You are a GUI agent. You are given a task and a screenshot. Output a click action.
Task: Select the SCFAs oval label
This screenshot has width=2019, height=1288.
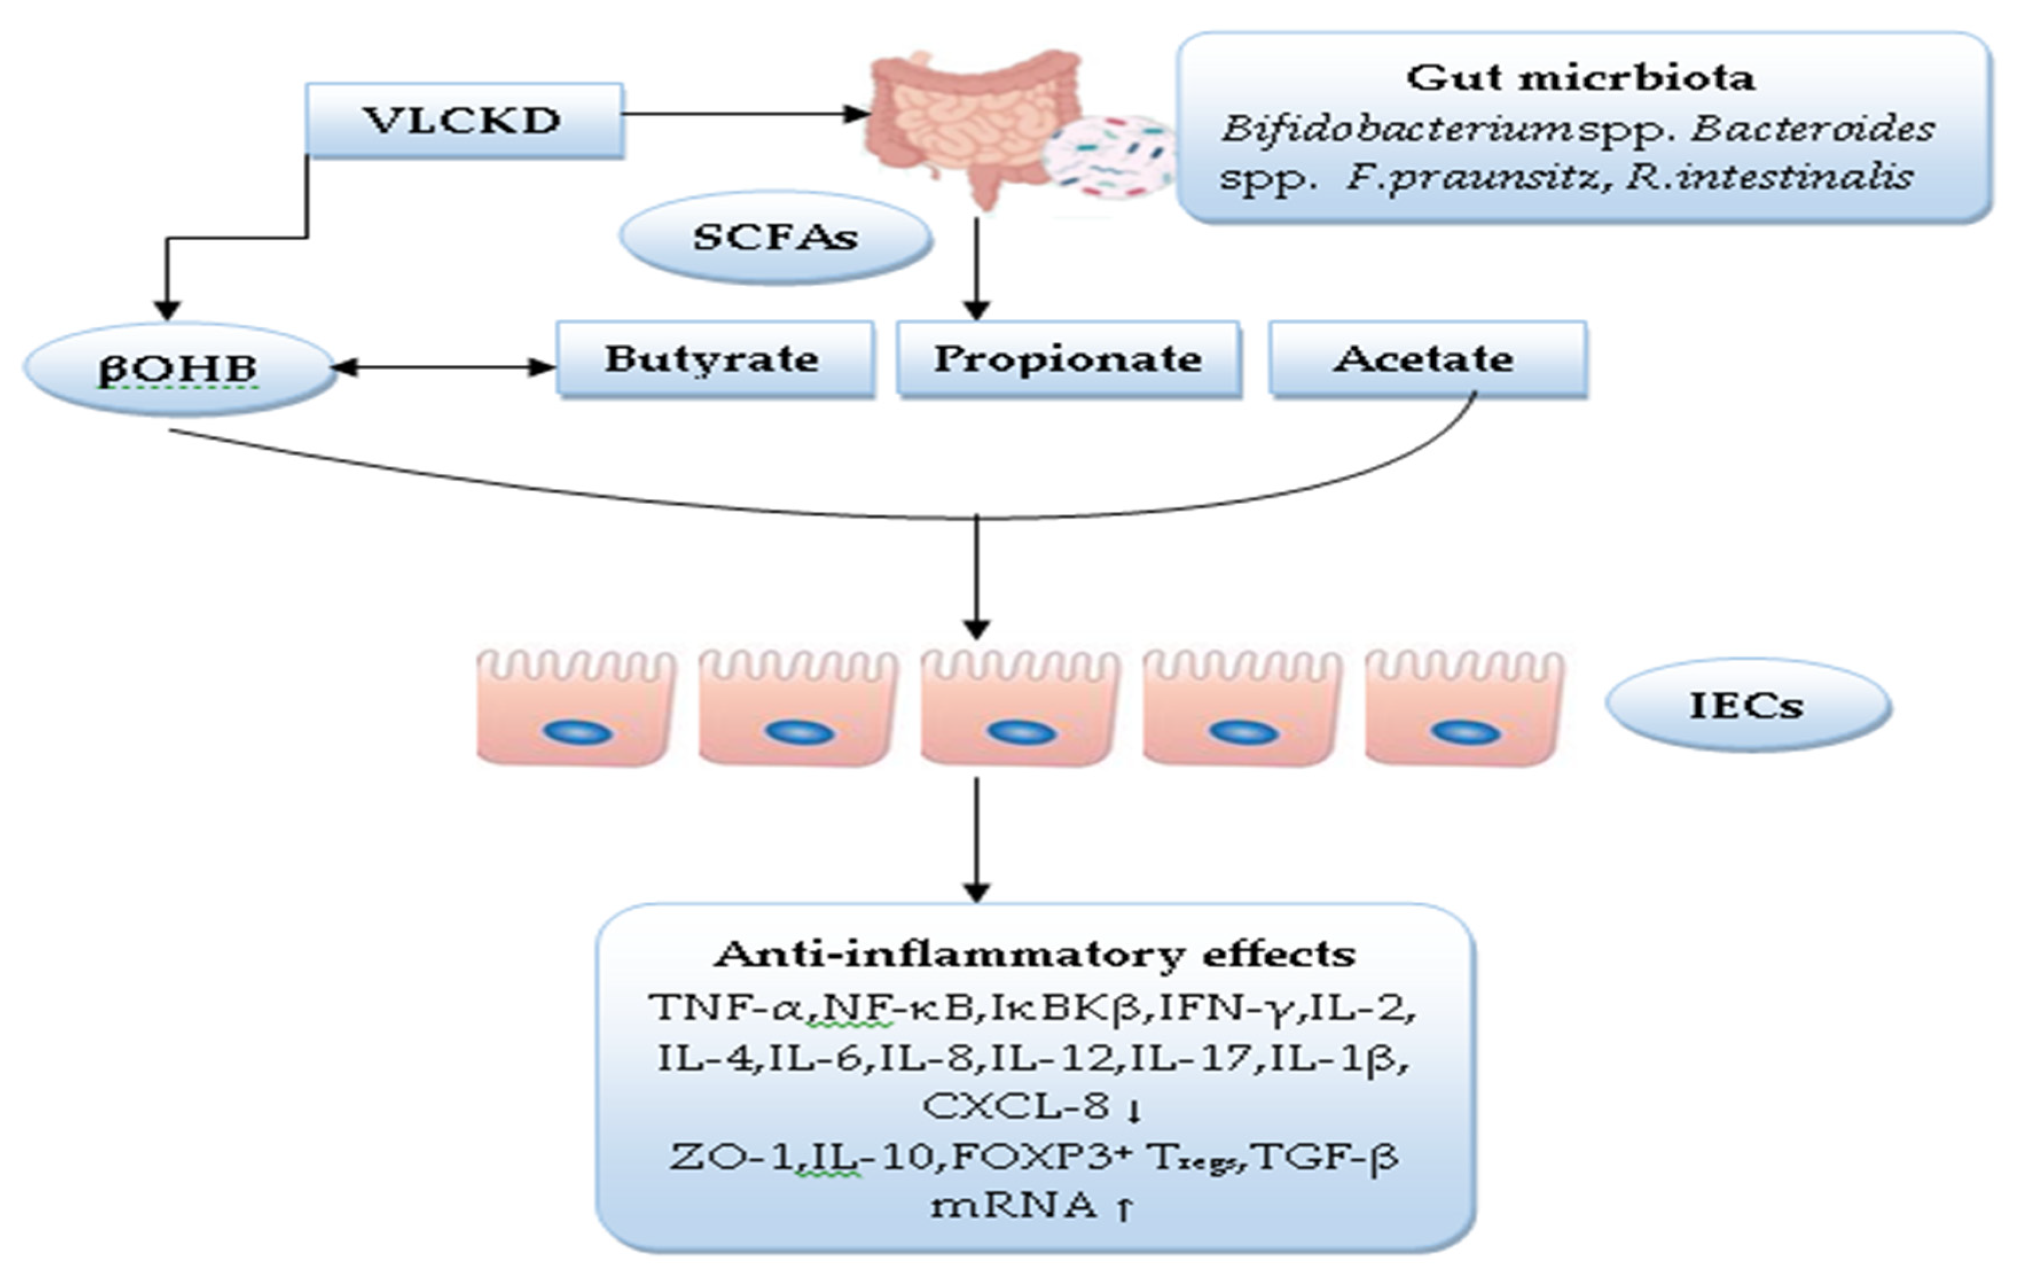[x=776, y=237]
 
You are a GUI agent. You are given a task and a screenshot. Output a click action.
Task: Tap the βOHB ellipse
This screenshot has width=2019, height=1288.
[x=179, y=369]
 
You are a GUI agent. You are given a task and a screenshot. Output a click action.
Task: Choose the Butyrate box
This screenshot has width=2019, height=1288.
[x=713, y=359]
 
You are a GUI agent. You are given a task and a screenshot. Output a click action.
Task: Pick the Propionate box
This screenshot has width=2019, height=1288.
[x=1067, y=359]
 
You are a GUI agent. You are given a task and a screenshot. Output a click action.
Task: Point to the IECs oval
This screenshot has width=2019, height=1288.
[x=1747, y=704]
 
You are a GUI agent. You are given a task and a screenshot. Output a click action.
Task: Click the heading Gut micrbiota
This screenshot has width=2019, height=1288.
[x=1581, y=78]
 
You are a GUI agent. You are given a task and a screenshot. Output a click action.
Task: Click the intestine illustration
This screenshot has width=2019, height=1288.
[x=964, y=117]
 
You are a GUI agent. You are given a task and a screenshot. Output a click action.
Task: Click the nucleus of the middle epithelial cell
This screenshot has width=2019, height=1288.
[x=1021, y=732]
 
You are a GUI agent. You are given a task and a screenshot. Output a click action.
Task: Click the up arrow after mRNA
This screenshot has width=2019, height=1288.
[x=1124, y=1208]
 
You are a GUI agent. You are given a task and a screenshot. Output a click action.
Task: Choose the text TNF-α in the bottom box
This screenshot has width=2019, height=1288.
[x=726, y=1006]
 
